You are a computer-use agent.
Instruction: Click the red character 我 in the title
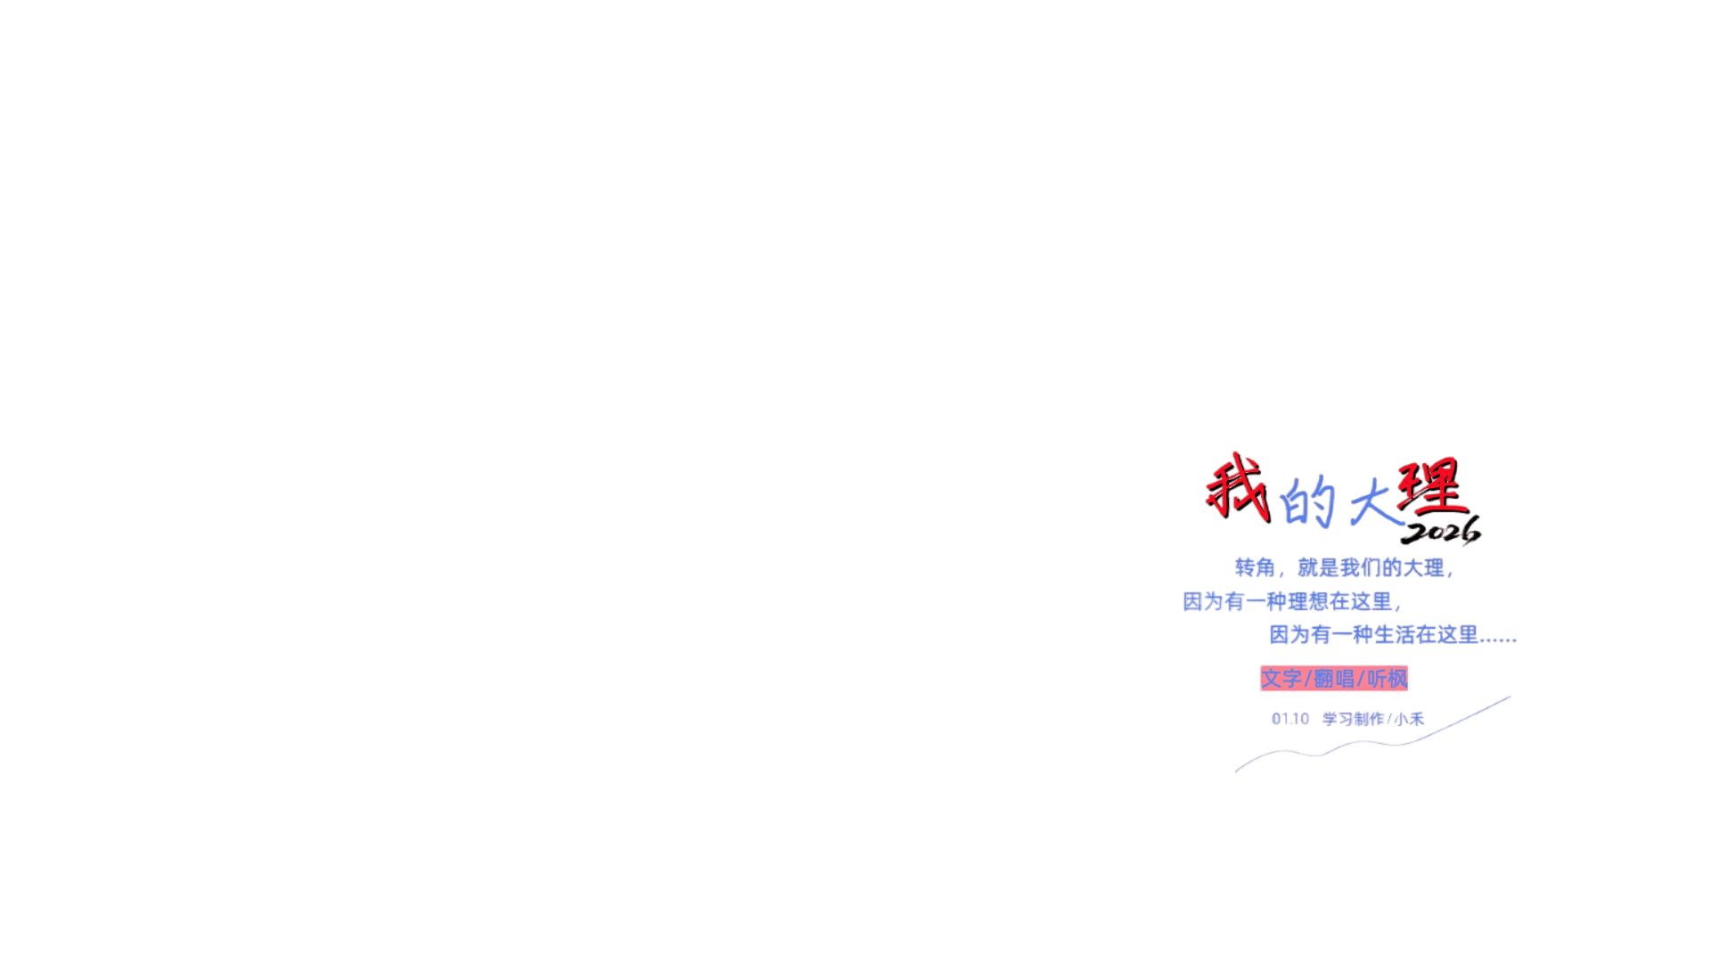[x=1237, y=486]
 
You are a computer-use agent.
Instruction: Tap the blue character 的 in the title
[x=1307, y=502]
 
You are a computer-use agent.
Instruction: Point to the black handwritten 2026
[x=1440, y=533]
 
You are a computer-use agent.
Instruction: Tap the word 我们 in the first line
[x=1361, y=567]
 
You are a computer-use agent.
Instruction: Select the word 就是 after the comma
[x=1318, y=567]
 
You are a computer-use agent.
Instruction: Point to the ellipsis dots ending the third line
[x=1499, y=639]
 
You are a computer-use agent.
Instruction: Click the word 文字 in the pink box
[x=1281, y=679]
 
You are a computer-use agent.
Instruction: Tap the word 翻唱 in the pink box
[x=1334, y=679]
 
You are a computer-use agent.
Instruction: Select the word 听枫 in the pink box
[x=1388, y=679]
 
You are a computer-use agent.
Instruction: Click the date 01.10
[x=1290, y=719]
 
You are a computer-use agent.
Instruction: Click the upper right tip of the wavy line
[x=1510, y=697]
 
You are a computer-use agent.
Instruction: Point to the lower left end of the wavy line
[x=1237, y=771]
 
